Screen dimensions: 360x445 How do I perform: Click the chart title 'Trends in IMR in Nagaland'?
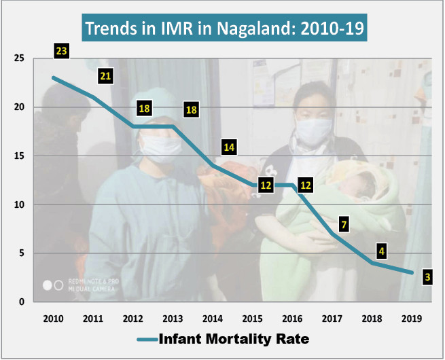(224, 29)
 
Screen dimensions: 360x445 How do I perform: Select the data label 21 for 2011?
(105, 77)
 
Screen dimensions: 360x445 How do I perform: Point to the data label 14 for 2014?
(229, 147)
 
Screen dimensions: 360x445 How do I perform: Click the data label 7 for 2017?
(344, 223)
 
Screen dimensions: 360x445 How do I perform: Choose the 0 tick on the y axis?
(22, 302)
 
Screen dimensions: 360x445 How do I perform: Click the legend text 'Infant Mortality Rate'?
(234, 338)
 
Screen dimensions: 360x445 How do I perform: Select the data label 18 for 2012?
(144, 108)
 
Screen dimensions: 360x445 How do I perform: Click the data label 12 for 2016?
(306, 185)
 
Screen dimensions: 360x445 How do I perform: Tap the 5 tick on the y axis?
(22, 253)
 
